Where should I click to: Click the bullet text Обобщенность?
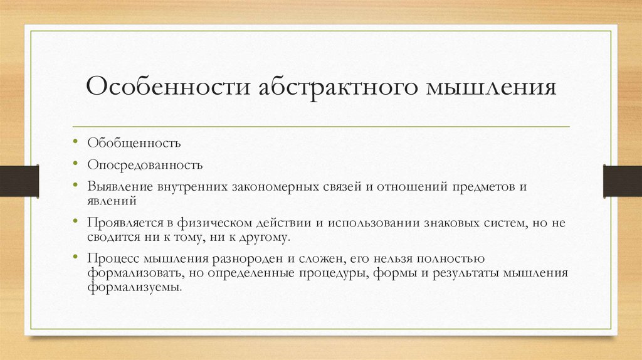[x=134, y=143]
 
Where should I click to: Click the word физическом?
[x=206, y=223]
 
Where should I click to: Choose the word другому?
[x=263, y=237]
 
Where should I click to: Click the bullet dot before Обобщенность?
[x=75, y=142]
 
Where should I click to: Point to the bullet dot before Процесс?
[x=75, y=257]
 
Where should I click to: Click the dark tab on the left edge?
[x=19, y=180]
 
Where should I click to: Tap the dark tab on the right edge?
[x=622, y=180]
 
